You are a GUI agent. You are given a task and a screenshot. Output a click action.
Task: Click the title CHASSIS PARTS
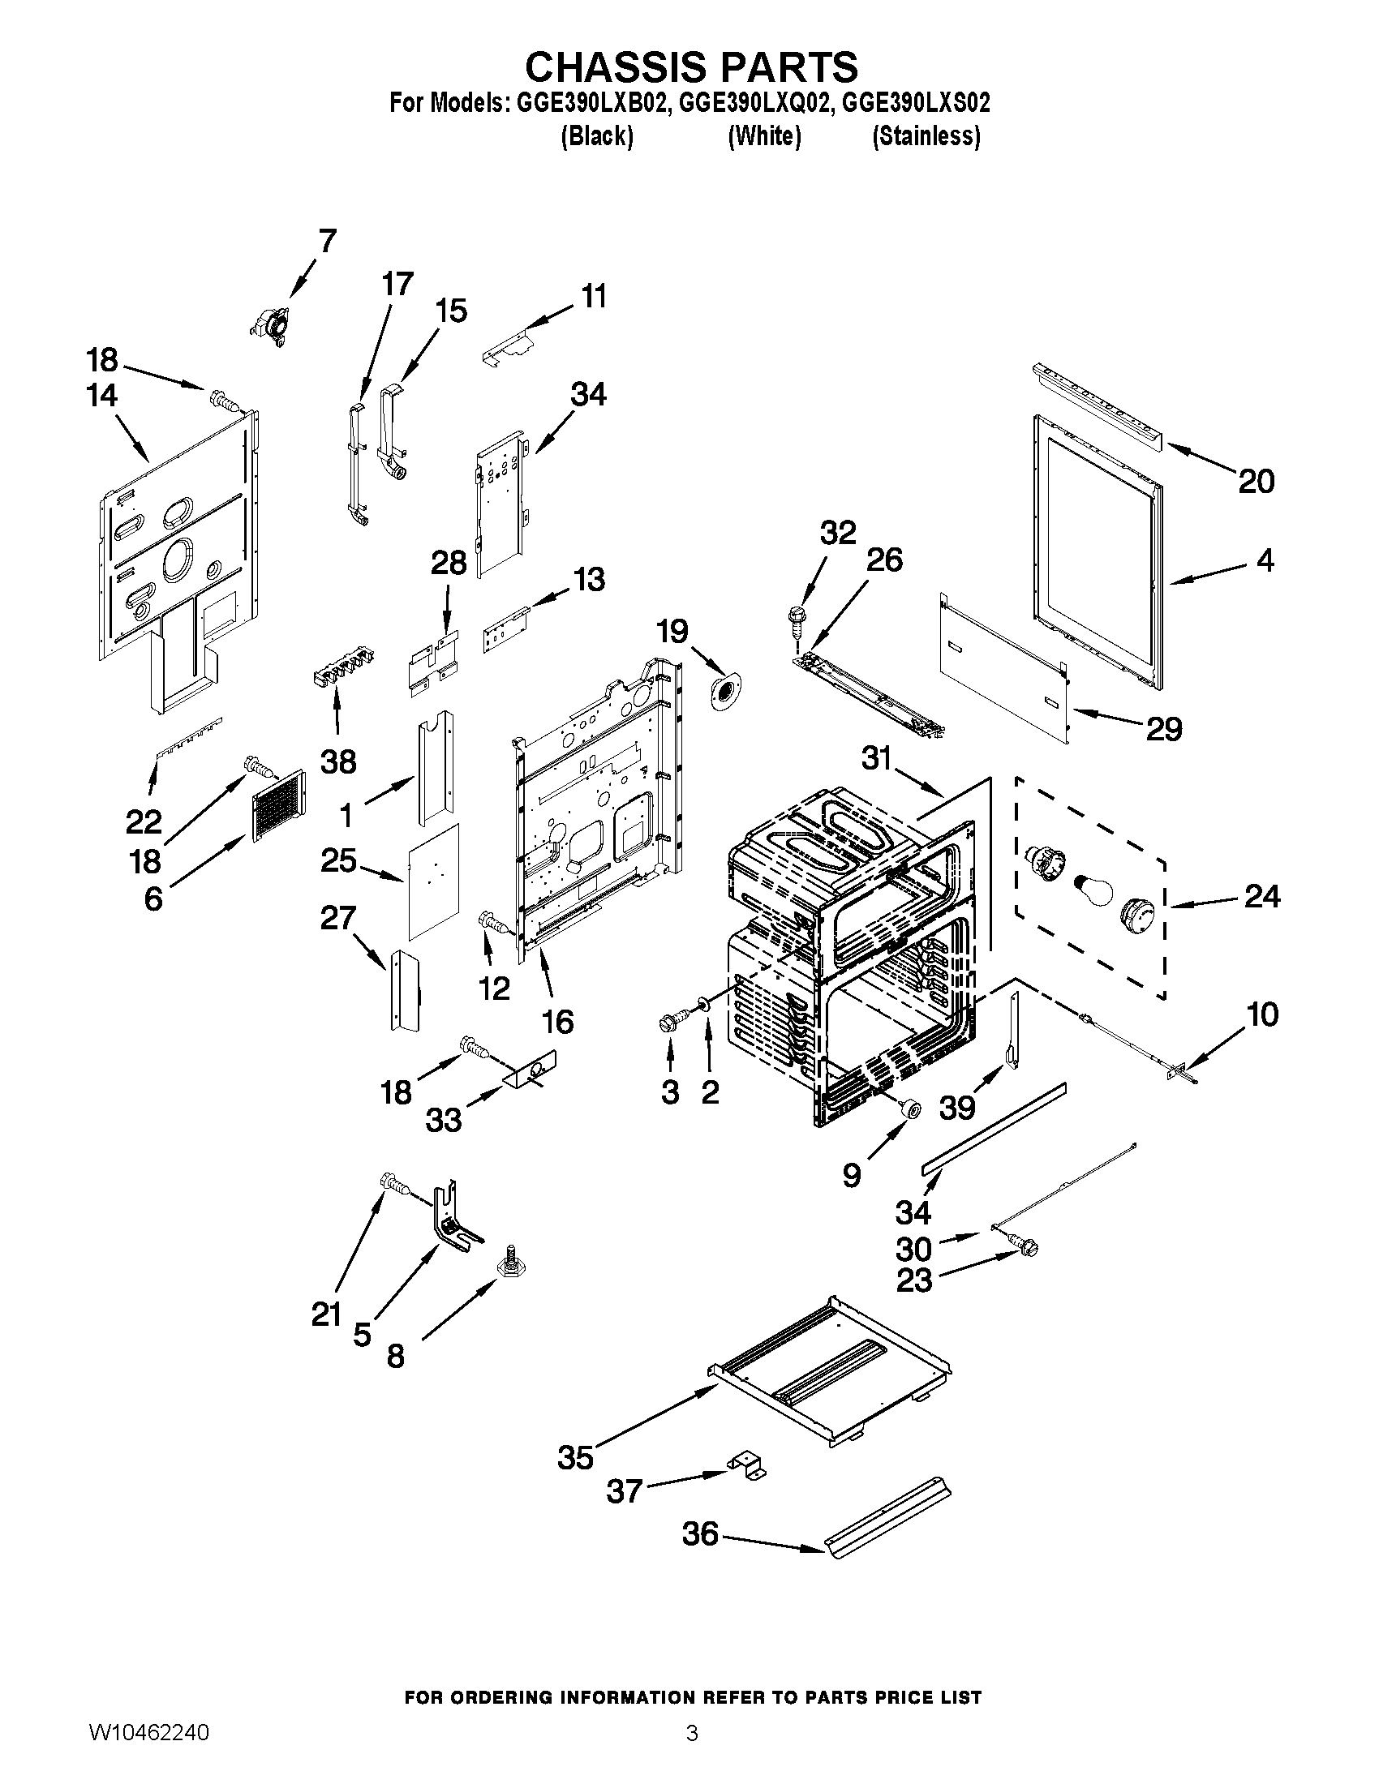coord(690,66)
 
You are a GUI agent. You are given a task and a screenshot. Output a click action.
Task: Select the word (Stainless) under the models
coord(926,136)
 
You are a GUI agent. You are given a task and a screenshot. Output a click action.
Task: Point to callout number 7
coord(327,242)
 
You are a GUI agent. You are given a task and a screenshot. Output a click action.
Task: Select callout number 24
coord(1262,897)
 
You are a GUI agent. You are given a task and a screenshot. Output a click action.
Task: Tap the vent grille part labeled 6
coord(278,804)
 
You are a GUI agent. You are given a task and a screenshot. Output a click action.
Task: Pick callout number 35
coord(574,1457)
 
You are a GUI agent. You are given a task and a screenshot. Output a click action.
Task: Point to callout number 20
coord(1256,481)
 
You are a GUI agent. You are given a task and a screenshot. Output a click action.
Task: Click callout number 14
coord(102,396)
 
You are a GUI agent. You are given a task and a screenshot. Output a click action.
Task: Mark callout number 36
coord(700,1534)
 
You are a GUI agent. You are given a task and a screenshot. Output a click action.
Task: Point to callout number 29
coord(1164,728)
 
